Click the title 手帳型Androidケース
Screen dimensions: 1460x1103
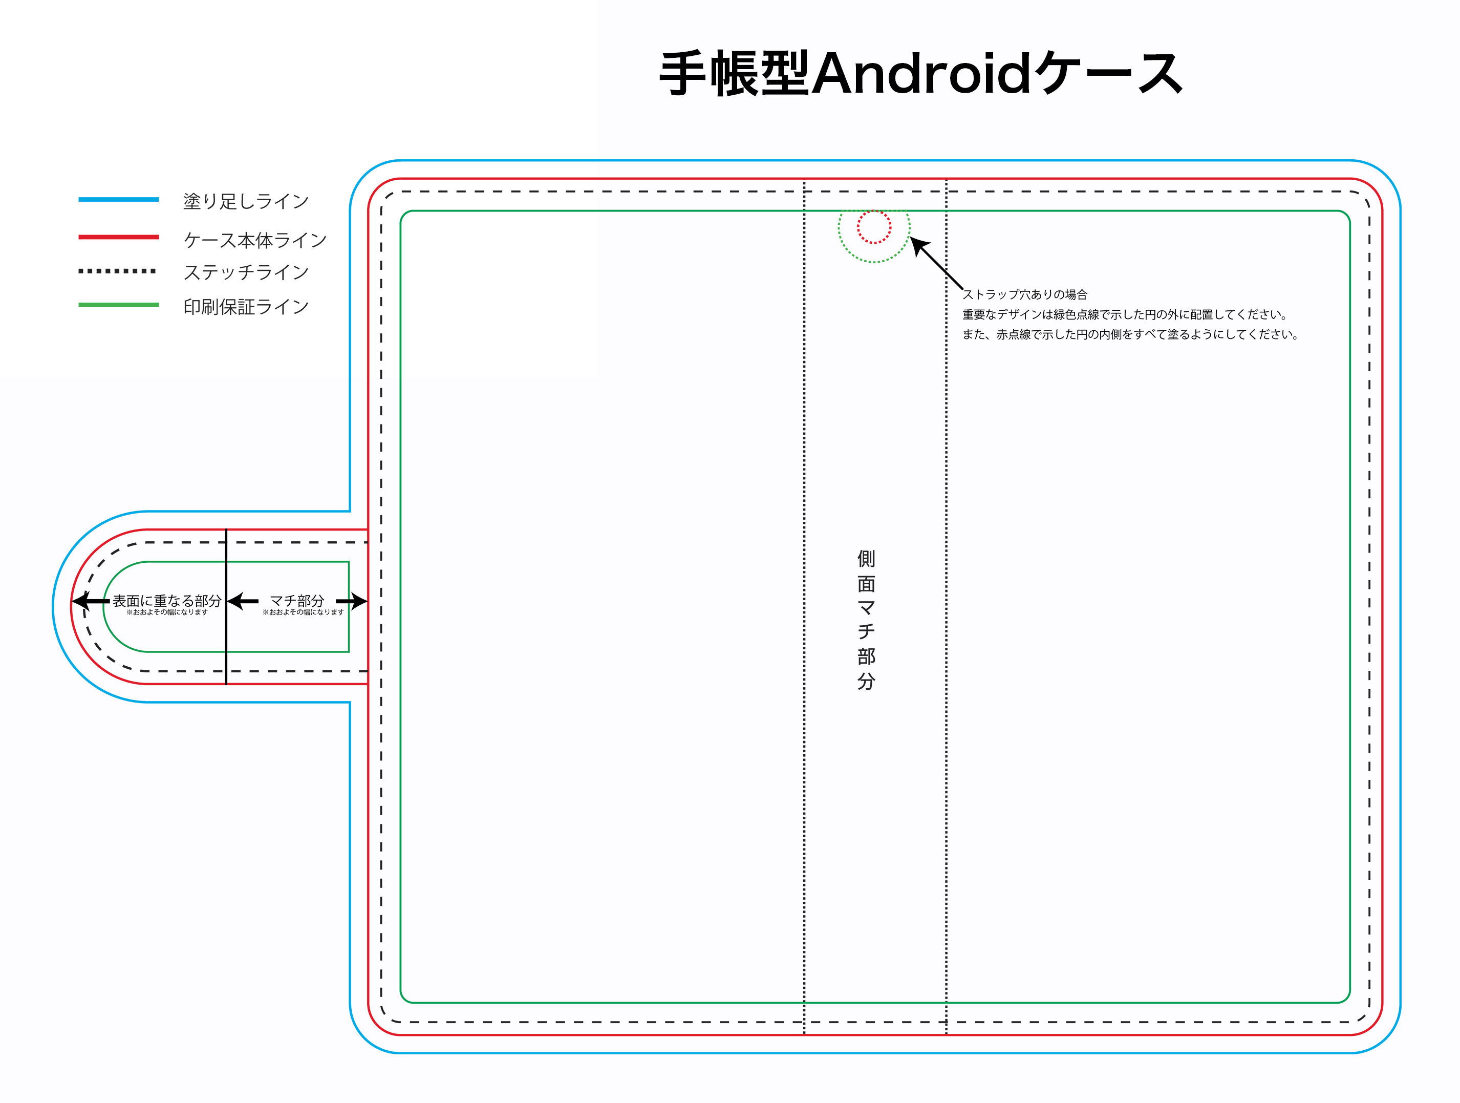[x=921, y=73]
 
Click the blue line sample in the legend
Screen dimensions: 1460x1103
[x=119, y=199]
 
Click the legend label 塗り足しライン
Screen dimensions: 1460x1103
[x=246, y=201]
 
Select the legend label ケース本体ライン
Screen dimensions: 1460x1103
[x=255, y=240]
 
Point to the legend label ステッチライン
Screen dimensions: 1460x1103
[x=246, y=272]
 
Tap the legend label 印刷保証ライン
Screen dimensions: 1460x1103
[x=246, y=306]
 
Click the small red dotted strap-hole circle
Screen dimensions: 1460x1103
[x=874, y=210]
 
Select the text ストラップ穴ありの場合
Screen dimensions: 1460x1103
[x=1024, y=294]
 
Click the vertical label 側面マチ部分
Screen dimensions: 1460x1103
[x=866, y=620]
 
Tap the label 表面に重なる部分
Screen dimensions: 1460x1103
[x=167, y=601]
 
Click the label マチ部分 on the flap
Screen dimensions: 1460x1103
[x=297, y=601]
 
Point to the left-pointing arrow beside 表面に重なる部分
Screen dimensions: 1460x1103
[x=91, y=601]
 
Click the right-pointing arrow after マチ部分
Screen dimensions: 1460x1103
[x=352, y=601]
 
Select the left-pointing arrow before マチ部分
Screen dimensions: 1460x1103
[x=242, y=601]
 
